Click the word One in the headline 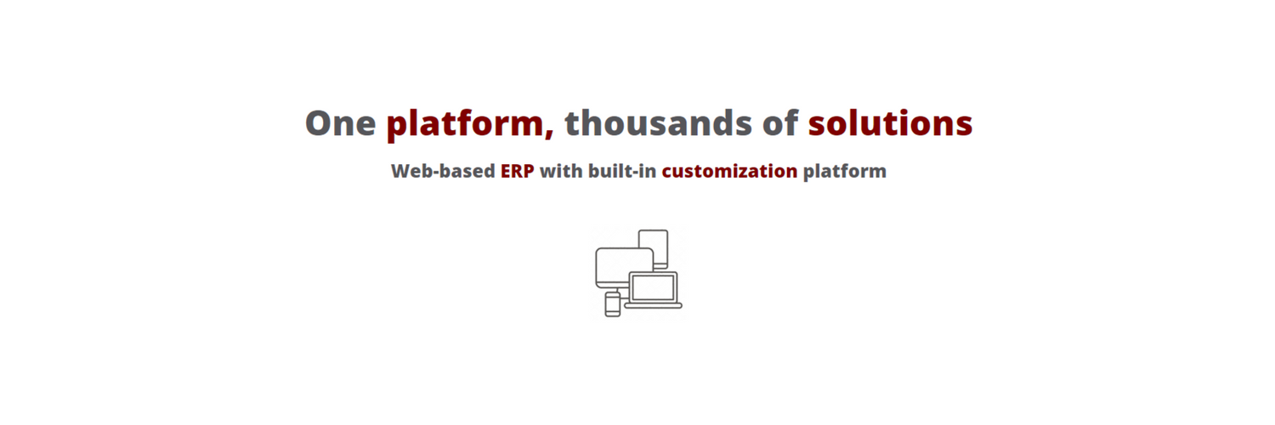point(340,123)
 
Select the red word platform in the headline point(464,123)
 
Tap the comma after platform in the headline point(549,134)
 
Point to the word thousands point(658,122)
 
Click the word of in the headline point(780,122)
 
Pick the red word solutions point(890,122)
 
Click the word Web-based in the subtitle point(443,171)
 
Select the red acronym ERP point(518,171)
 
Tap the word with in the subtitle point(561,171)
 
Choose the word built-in point(622,171)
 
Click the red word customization point(729,171)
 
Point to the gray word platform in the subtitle point(845,172)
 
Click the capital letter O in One point(318,123)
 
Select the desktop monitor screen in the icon point(624,267)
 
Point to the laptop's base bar point(654,306)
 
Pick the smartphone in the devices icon point(613,303)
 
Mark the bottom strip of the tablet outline point(660,266)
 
